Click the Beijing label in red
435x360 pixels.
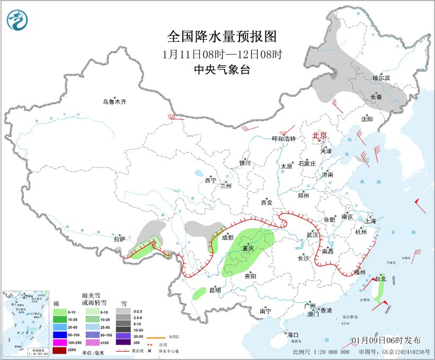tap(319, 136)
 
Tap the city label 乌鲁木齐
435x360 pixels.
tap(115, 101)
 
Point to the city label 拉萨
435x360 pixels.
tap(119, 239)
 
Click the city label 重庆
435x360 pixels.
tap(248, 249)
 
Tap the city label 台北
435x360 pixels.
tap(380, 279)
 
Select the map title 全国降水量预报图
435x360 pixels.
tap(222, 37)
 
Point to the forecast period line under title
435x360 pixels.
tap(222, 54)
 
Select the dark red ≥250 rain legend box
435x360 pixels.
tap(60, 350)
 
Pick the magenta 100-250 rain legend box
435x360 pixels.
tap(60, 343)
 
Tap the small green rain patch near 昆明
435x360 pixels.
tap(199, 292)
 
